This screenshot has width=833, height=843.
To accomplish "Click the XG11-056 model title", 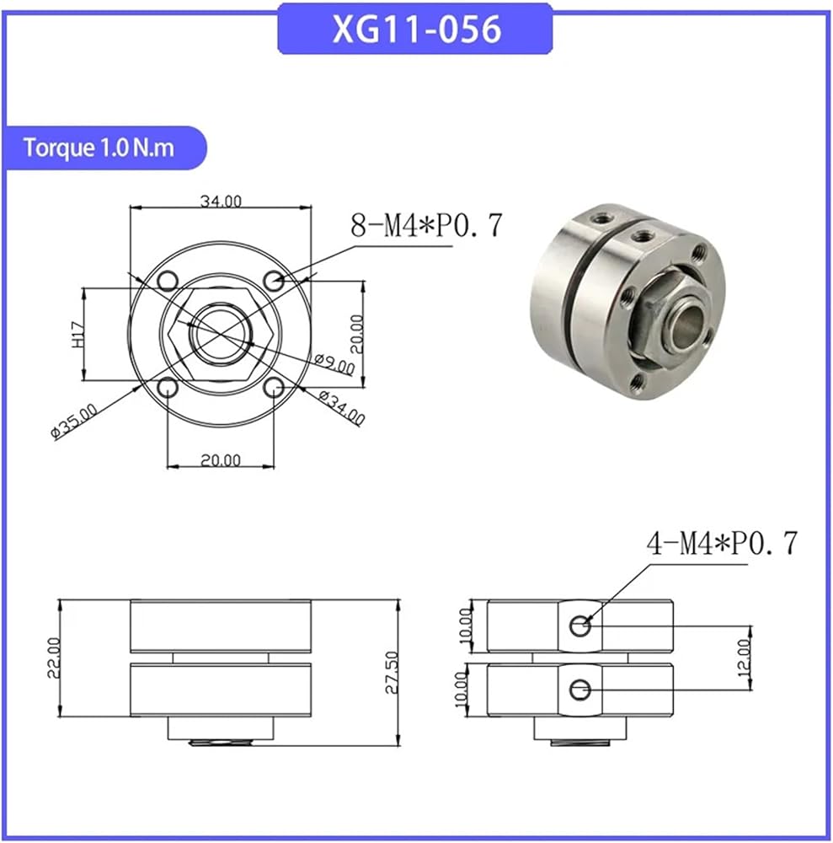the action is tap(416, 29).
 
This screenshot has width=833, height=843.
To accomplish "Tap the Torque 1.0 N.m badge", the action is tap(99, 148).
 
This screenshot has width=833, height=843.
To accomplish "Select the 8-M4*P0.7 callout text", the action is tap(426, 225).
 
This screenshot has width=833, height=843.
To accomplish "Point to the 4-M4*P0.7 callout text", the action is tap(723, 543).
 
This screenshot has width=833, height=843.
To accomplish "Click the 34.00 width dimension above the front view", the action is tap(221, 201).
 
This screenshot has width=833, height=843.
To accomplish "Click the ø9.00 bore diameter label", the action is tap(334, 364).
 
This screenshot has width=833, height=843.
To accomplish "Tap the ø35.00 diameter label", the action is tap(74, 421).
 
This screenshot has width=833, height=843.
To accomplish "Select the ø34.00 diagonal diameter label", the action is tap(342, 407).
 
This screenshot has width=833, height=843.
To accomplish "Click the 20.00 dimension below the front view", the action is tap(221, 460).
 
